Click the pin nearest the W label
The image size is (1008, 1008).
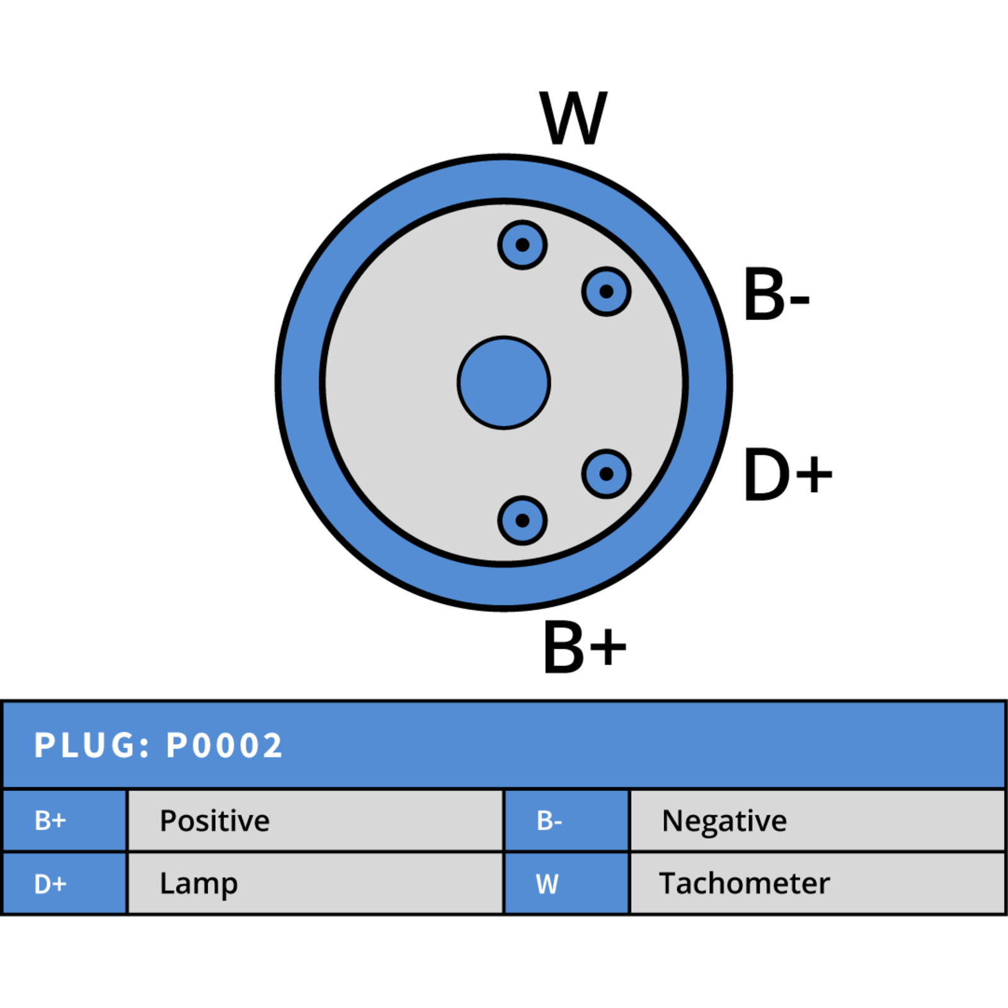[x=522, y=245]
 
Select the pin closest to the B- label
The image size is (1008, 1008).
[x=606, y=292]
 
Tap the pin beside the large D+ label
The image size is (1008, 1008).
[x=606, y=474]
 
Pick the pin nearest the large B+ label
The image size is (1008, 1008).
[x=522, y=520]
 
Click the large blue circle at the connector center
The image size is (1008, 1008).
[x=504, y=383]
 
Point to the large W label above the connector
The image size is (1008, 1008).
[x=573, y=118]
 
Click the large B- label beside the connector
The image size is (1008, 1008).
[x=776, y=295]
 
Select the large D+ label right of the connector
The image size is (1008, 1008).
[x=787, y=474]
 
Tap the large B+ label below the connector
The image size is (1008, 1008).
[x=585, y=647]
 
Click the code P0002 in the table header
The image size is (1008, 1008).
[x=224, y=746]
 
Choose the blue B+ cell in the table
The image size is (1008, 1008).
[x=65, y=820]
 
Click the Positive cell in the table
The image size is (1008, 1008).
[x=315, y=820]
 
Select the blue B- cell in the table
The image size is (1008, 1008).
[x=567, y=820]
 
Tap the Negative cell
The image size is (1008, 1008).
[x=817, y=820]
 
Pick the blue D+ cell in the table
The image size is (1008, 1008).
[x=65, y=883]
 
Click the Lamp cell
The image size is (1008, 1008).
[x=315, y=883]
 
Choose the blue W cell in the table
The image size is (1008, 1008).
[x=567, y=883]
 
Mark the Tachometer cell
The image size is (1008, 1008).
[x=817, y=883]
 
